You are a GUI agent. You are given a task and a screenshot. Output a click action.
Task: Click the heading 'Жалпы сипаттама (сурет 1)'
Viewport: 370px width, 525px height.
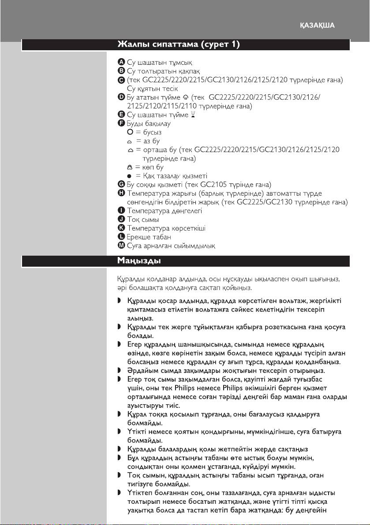[x=179, y=45]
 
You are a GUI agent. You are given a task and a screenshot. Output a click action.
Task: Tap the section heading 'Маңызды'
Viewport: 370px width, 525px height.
[x=138, y=261]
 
